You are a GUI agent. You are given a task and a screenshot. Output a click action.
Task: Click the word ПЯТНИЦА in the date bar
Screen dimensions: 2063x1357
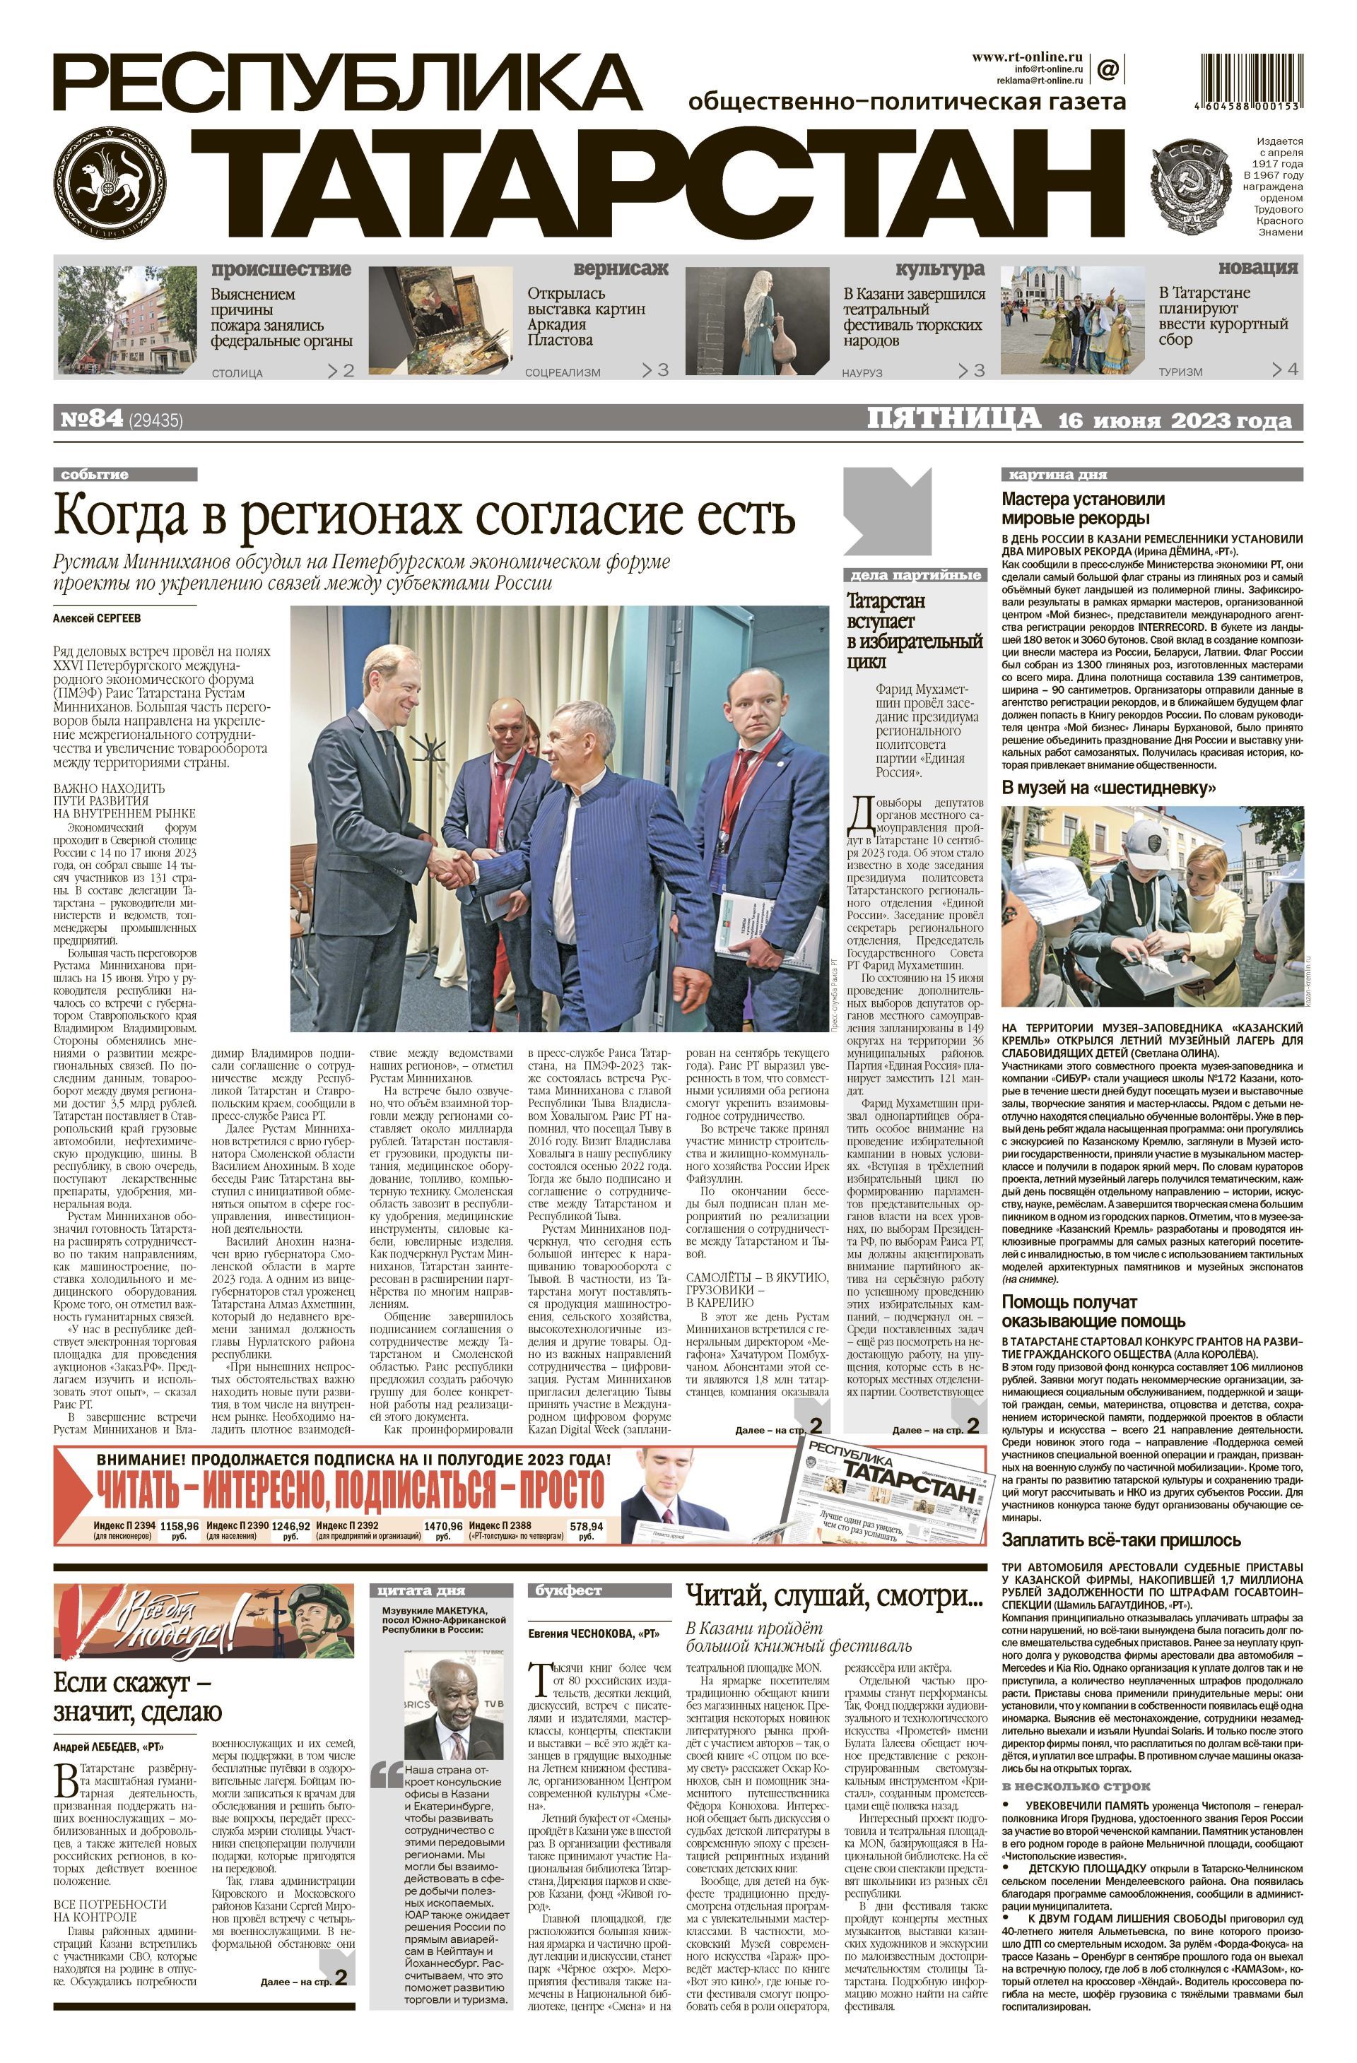[954, 420]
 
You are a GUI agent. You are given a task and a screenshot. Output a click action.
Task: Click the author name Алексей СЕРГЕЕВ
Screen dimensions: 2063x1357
[96, 618]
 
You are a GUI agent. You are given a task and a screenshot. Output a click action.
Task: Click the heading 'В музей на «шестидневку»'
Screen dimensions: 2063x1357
[1108, 788]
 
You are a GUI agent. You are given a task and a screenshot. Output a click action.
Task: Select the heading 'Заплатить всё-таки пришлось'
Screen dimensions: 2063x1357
[1120, 1540]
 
